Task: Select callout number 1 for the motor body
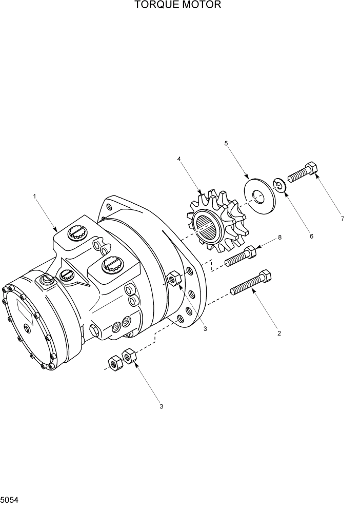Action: pos(34,196)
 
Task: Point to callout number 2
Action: pos(279,334)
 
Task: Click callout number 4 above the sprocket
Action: pos(179,159)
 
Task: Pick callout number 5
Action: pos(226,144)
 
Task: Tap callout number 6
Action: pos(311,236)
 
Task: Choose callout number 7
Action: pos(342,219)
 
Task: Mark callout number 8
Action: pos(279,237)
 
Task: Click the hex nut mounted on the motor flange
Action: pos(173,278)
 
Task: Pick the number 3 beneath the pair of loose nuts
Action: pos(161,407)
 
